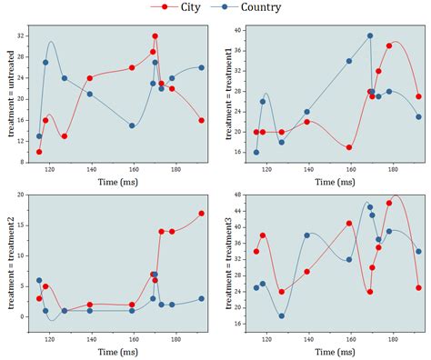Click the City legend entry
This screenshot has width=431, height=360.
point(178,7)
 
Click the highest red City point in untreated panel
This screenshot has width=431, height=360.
point(155,36)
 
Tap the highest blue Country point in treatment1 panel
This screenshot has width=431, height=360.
point(370,35)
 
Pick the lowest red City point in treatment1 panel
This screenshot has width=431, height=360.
point(349,147)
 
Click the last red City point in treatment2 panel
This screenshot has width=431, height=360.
point(202,214)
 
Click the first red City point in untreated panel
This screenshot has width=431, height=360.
point(39,152)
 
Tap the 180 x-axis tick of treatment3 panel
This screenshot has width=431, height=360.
point(393,337)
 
